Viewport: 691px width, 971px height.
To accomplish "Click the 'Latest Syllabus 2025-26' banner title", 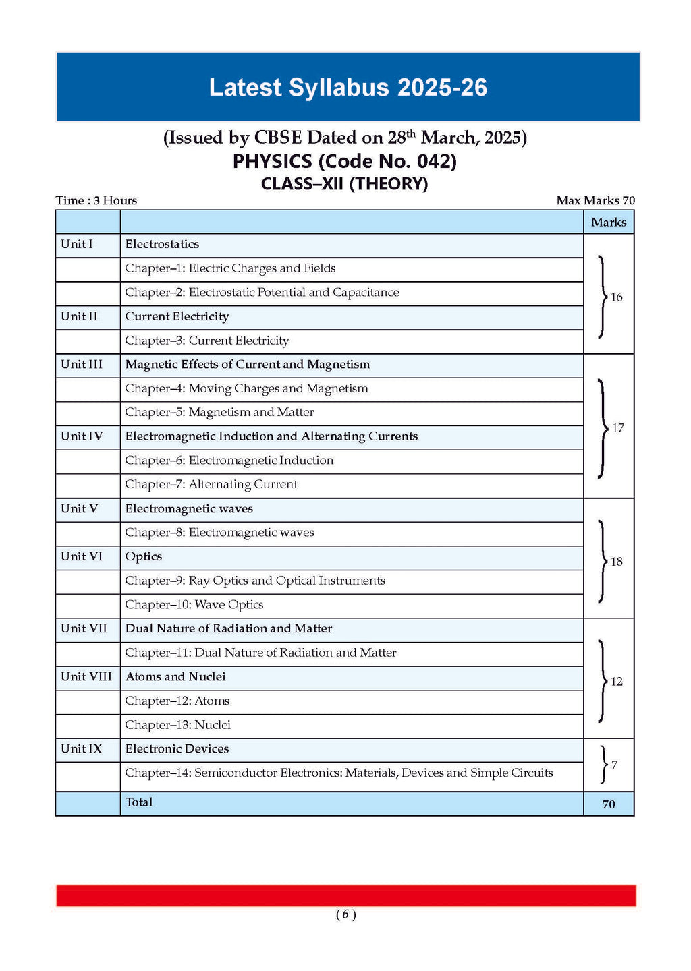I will click(x=348, y=88).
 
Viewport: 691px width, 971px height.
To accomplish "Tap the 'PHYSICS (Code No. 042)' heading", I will click(x=345, y=161).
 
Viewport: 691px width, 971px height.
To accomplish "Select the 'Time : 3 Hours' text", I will click(x=96, y=200).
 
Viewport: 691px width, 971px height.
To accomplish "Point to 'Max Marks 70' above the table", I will click(x=595, y=200).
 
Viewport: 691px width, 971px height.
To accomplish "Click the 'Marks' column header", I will click(x=608, y=222).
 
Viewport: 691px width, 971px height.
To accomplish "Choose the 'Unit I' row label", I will click(x=77, y=244).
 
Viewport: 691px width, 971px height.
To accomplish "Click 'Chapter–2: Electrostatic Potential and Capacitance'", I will click(x=262, y=292).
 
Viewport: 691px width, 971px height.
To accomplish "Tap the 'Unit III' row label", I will click(x=82, y=364).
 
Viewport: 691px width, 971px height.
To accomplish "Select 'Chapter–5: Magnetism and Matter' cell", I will click(x=219, y=412).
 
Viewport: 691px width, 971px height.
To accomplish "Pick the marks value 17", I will click(x=617, y=428).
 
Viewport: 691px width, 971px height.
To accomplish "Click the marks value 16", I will click(x=616, y=297).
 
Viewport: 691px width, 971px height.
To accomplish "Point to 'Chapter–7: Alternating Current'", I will click(x=211, y=484).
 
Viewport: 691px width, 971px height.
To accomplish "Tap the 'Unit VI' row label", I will click(x=82, y=556).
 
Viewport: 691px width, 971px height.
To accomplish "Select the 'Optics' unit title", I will click(x=144, y=556).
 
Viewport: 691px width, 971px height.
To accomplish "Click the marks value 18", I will click(x=616, y=562).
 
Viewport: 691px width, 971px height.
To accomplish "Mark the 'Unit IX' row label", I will click(x=81, y=748).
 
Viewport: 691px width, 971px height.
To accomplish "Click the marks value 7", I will click(x=614, y=765).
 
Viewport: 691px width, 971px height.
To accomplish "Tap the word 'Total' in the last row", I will click(x=139, y=802).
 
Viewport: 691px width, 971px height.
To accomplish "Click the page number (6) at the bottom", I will click(x=345, y=914).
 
